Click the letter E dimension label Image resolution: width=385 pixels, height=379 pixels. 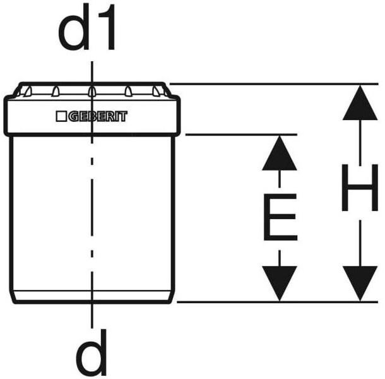point(279,218)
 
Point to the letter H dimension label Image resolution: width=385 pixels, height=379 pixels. point(359,188)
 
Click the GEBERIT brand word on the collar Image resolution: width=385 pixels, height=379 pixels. point(97,117)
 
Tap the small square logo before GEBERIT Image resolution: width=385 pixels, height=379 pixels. point(61,117)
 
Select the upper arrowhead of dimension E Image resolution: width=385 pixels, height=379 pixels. point(279,154)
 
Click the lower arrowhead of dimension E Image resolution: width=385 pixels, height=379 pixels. point(279,283)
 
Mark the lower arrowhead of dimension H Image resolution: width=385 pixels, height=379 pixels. point(359,283)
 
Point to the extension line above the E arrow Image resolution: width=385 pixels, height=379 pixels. point(240,134)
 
